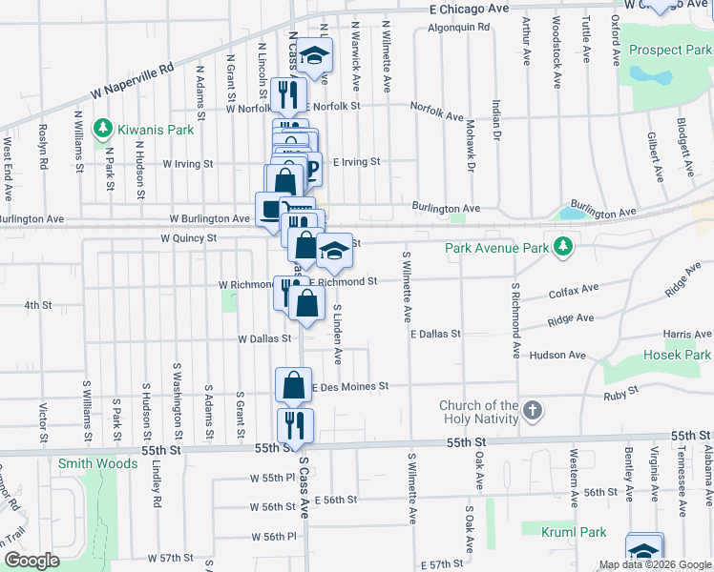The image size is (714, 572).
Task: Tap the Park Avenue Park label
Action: pyautogui.click(x=497, y=249)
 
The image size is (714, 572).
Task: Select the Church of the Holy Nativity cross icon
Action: pyautogui.click(x=533, y=412)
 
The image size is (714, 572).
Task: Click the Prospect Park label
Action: pyautogui.click(x=671, y=50)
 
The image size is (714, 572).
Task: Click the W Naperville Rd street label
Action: pyautogui.click(x=134, y=82)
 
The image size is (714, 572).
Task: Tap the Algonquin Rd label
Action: pyautogui.click(x=458, y=28)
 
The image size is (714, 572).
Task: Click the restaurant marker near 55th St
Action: pyautogui.click(x=294, y=424)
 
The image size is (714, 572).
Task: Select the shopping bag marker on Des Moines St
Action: pyautogui.click(x=293, y=385)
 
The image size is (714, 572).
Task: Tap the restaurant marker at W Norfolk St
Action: pyautogui.click(x=283, y=94)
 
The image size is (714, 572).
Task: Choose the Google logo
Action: pyautogui.click(x=32, y=560)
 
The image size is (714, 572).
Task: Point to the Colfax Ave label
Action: pyautogui.click(x=574, y=289)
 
